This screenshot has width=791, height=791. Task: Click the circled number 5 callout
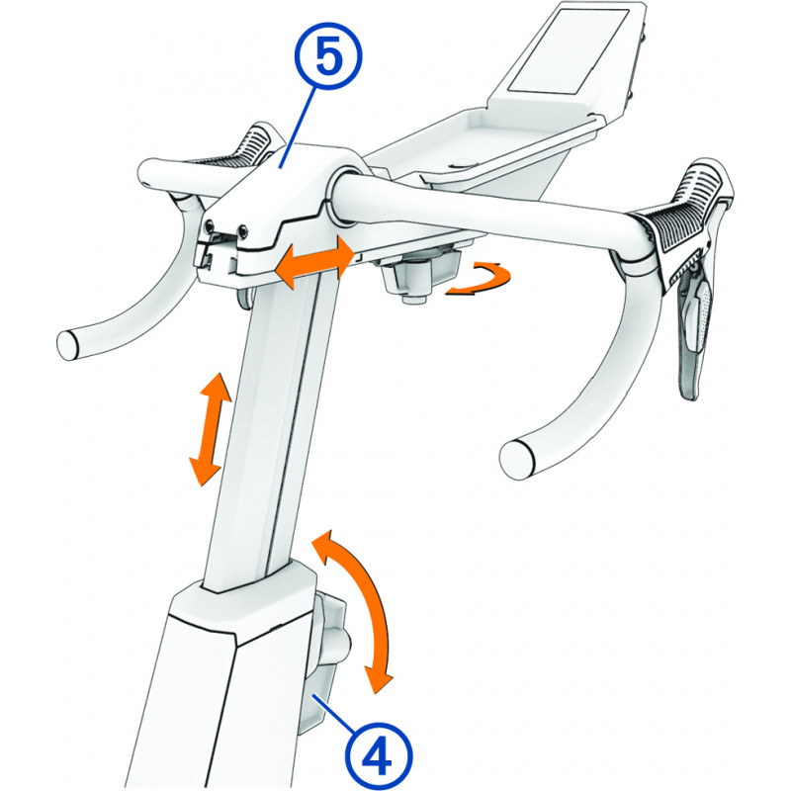(x=328, y=58)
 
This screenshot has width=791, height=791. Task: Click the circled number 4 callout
(x=379, y=756)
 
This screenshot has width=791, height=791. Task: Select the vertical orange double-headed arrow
(x=210, y=429)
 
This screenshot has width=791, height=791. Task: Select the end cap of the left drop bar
(x=67, y=345)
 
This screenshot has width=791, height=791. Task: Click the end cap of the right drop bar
(x=516, y=458)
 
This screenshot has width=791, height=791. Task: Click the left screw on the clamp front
(x=210, y=225)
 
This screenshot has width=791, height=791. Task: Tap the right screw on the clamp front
(x=243, y=230)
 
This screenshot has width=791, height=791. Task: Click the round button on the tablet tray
(x=461, y=162)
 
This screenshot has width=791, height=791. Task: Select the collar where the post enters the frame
(x=242, y=595)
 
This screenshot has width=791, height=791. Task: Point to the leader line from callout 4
(x=334, y=713)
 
